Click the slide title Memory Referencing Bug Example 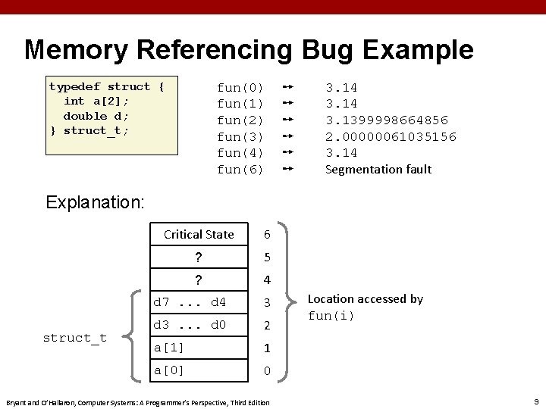[249, 50]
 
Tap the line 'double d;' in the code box [96, 116]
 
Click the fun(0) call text [240, 87]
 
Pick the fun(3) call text [240, 137]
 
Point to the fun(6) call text [240, 170]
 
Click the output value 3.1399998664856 [387, 120]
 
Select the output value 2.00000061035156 [391, 137]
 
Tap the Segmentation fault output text [378, 170]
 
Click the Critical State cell [199, 235]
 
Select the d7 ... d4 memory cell [199, 303]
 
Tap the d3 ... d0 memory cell [199, 326]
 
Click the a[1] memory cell [199, 348]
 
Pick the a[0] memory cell [199, 370]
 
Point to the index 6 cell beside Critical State [267, 235]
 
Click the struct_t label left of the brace [75, 338]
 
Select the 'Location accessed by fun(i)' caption [365, 307]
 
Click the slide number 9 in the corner [535, 401]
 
